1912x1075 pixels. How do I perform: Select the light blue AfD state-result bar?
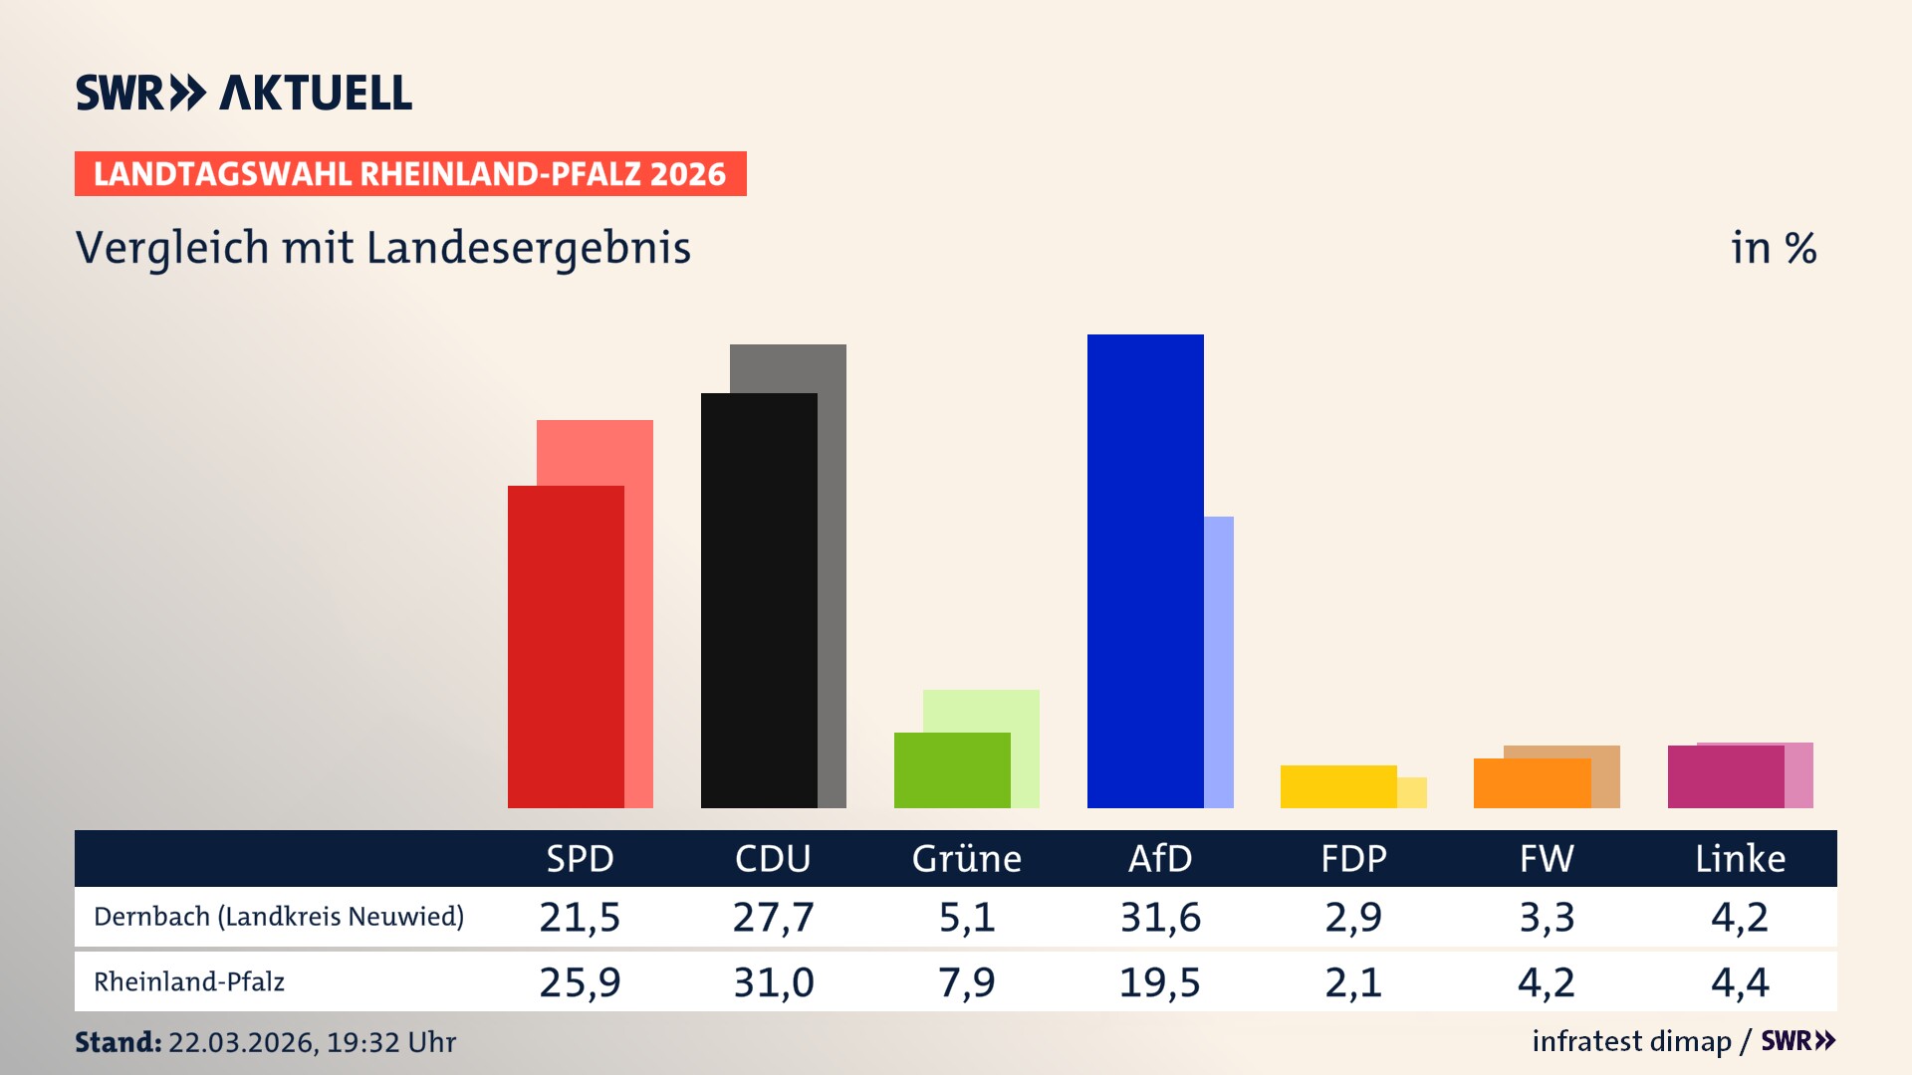(1219, 662)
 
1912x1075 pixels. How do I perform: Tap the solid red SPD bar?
(566, 647)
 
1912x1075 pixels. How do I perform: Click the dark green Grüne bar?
(952, 770)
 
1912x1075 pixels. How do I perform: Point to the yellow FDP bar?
(1338, 786)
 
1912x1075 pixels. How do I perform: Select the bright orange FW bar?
(1532, 783)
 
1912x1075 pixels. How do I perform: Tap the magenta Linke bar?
(1725, 776)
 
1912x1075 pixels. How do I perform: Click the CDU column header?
(773, 859)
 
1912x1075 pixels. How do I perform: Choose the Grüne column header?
(966, 859)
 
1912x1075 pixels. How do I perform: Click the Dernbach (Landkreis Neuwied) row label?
(279, 917)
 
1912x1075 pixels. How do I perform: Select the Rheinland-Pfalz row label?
(189, 982)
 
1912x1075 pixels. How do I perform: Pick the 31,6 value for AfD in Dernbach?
(1160, 917)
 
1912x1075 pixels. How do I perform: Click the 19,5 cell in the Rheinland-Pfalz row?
(1160, 982)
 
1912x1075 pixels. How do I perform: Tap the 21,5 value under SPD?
(580, 917)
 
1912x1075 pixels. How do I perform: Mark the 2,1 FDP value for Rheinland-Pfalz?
(1353, 982)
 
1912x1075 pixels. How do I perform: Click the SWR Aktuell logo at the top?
(244, 93)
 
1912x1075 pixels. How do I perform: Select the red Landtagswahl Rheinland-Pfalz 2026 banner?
(410, 174)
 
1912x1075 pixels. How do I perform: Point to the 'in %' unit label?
(1773, 248)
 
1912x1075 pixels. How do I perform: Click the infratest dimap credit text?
(1631, 1041)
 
